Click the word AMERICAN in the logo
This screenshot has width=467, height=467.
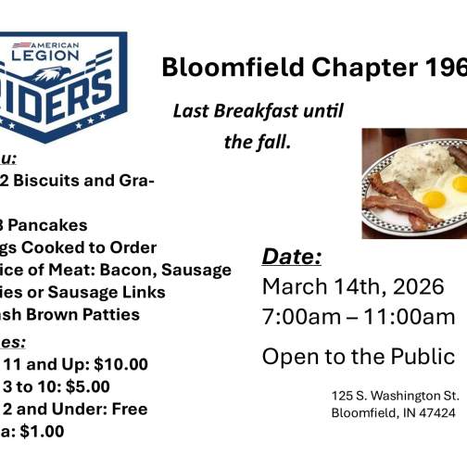(x=55, y=45)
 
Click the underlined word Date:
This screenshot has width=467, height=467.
(x=291, y=257)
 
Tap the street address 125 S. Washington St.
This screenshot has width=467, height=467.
(x=395, y=396)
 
